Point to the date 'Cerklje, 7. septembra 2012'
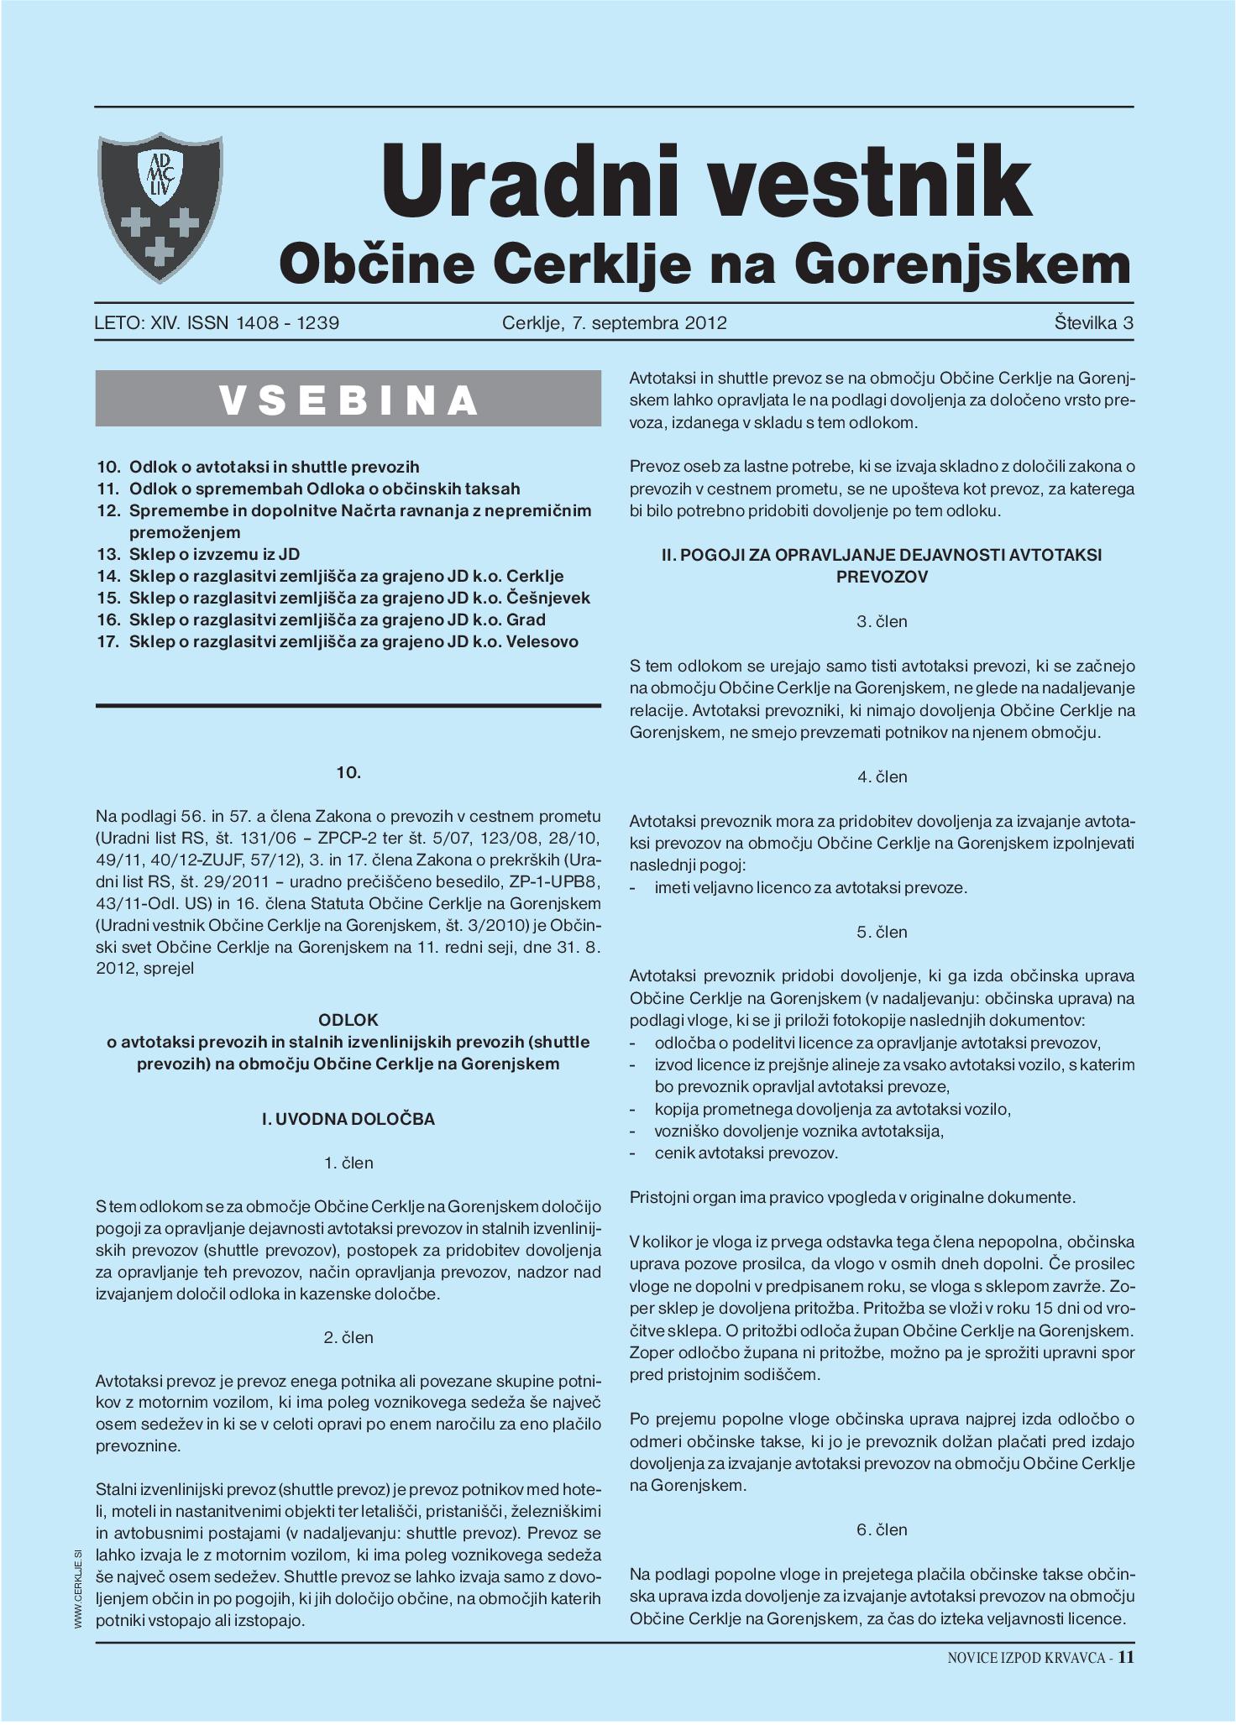[614, 323]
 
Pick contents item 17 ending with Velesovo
[338, 641]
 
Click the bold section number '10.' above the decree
[348, 772]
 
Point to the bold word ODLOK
[348, 1020]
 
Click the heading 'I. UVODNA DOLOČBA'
[348, 1119]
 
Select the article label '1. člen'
[348, 1163]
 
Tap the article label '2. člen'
[348, 1337]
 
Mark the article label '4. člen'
[882, 776]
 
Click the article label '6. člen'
[882, 1529]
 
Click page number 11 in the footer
[1126, 1657]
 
